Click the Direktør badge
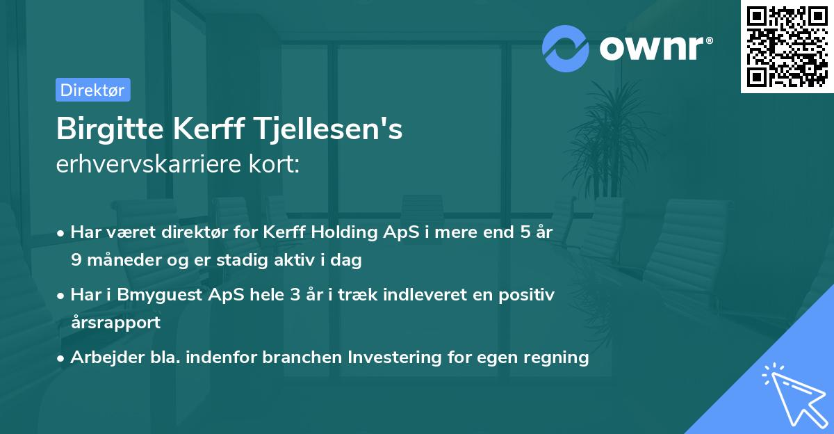pyautogui.click(x=92, y=90)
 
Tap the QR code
pyautogui.click(x=787, y=47)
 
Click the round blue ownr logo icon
pyautogui.click(x=566, y=48)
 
